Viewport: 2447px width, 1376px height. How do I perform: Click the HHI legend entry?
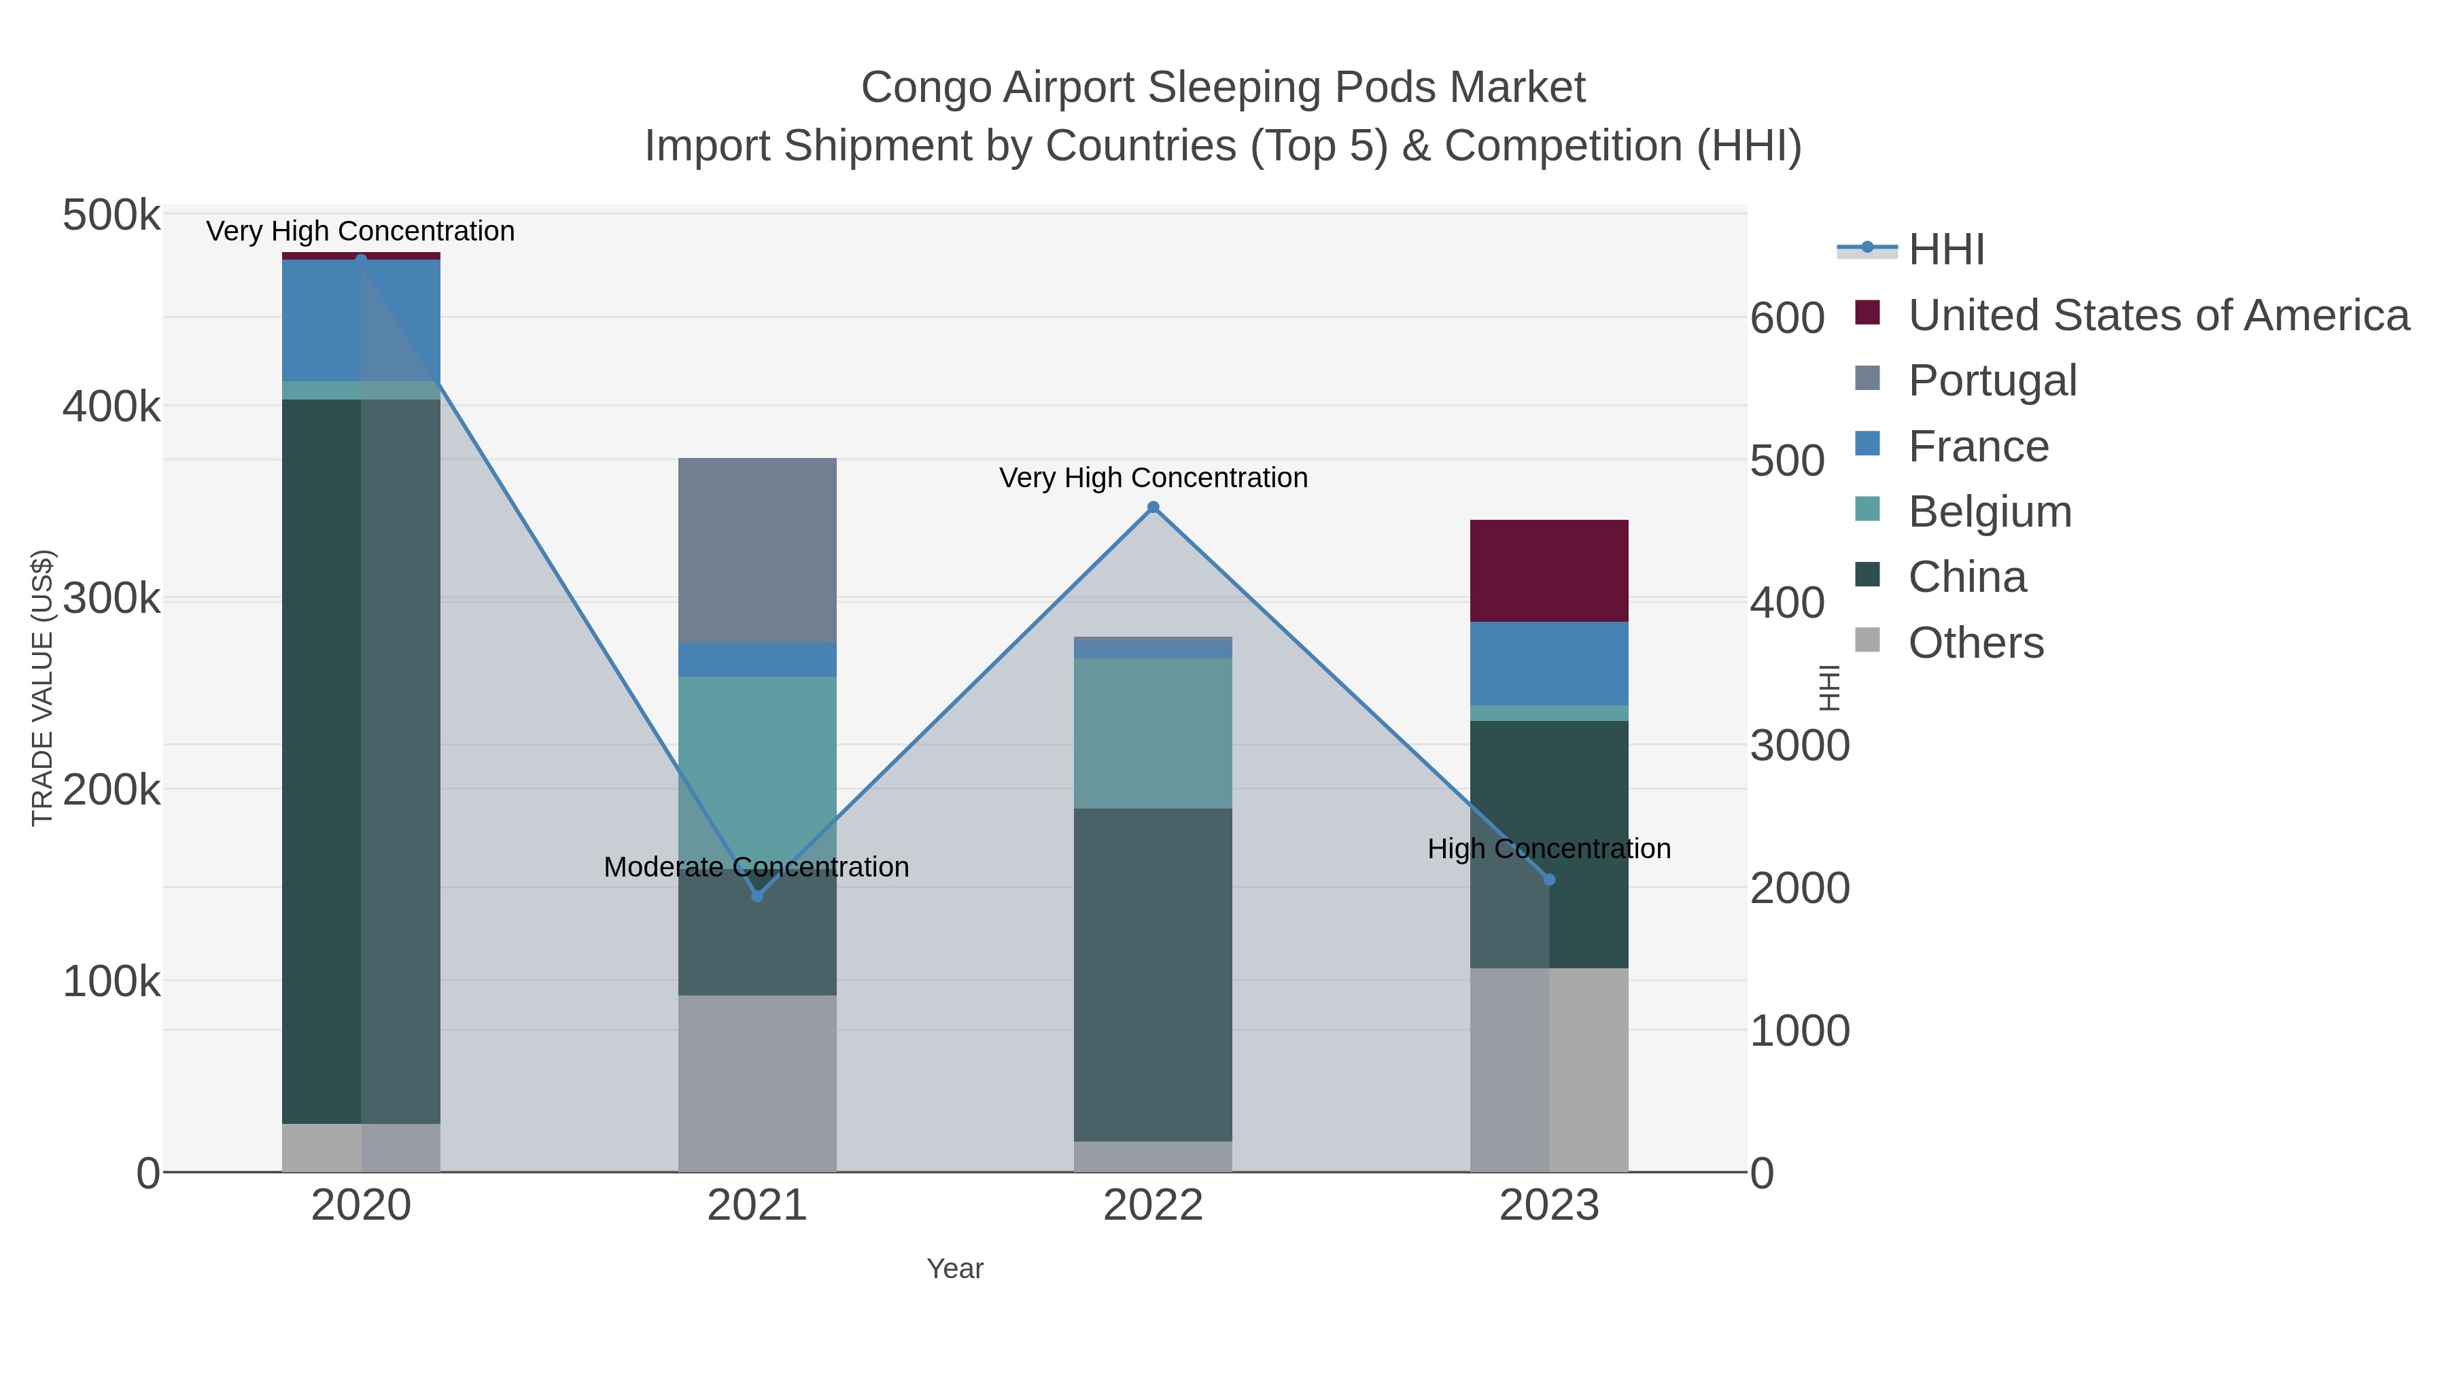(1945, 250)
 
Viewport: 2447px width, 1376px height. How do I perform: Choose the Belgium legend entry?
(1989, 512)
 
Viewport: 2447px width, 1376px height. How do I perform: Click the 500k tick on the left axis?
(111, 215)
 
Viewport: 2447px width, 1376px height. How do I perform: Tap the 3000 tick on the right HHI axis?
(1799, 746)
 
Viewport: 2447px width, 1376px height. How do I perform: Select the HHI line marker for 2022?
(1153, 507)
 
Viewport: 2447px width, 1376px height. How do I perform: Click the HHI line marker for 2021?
(757, 896)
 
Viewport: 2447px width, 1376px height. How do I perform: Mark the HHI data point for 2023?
(1549, 880)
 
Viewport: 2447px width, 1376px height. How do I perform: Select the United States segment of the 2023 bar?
(1549, 571)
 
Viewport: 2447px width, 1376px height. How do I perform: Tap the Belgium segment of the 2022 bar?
(1153, 733)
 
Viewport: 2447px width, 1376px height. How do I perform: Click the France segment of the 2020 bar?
(361, 320)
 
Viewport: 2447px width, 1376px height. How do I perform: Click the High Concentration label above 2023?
(1548, 849)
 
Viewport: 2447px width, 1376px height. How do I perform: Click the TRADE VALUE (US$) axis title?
(43, 688)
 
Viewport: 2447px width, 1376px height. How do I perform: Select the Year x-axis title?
(955, 1269)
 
